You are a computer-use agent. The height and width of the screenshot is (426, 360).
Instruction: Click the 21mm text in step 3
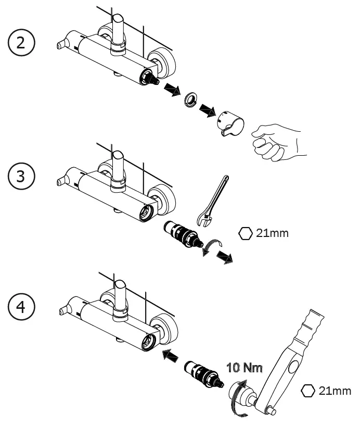tap(272, 233)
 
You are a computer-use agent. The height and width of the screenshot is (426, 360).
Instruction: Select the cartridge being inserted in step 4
tap(204, 374)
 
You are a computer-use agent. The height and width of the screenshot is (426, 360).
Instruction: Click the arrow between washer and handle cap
tap(208, 110)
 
